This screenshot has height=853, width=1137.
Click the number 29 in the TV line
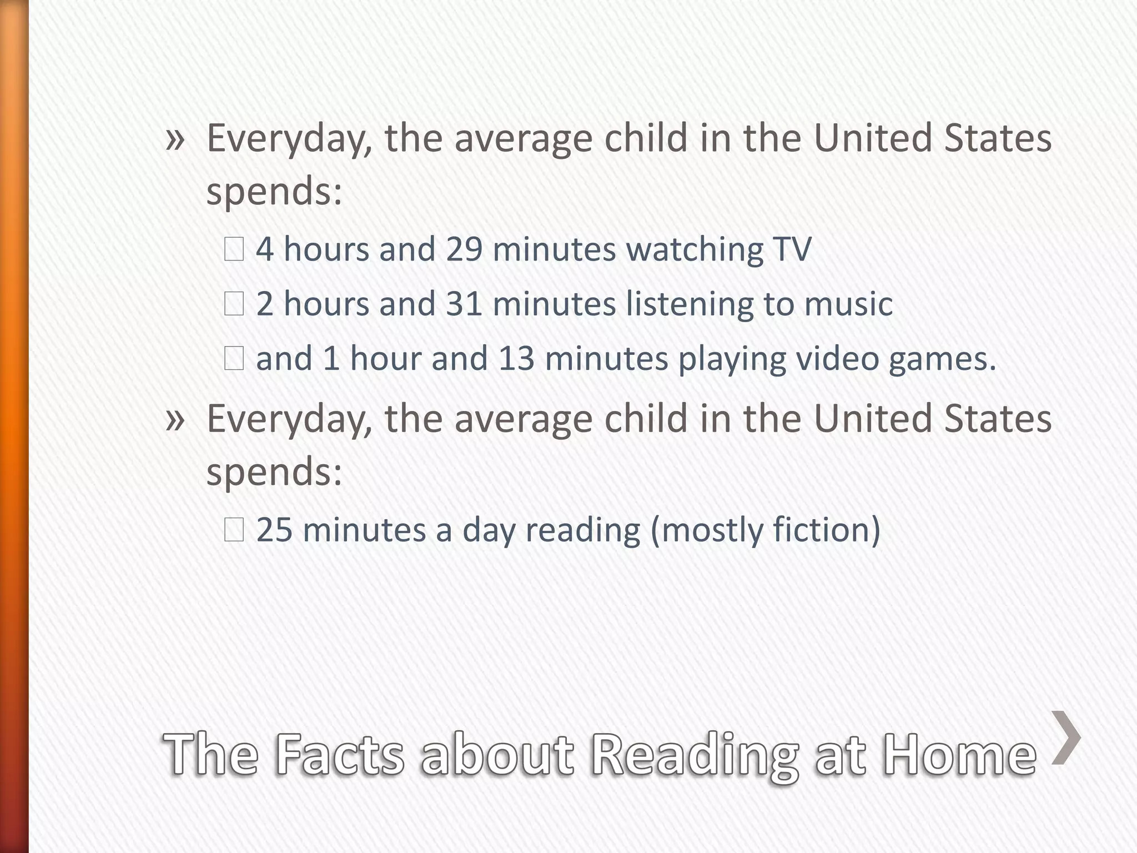click(x=464, y=249)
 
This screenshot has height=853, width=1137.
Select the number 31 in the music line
click(x=464, y=304)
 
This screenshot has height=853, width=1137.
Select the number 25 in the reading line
click(x=274, y=530)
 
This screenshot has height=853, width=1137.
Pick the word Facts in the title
click(x=339, y=754)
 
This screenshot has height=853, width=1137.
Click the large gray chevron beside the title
click(x=1066, y=737)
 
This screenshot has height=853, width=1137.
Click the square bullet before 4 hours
click(x=234, y=250)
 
